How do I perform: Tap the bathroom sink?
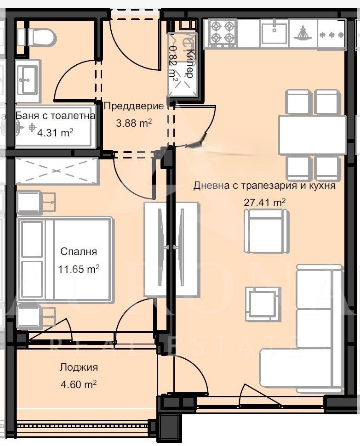pyautogui.click(x=28, y=80)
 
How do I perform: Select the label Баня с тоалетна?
pyautogui.click(x=56, y=116)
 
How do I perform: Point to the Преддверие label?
pyautogui.click(x=133, y=107)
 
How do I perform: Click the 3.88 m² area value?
pyautogui.click(x=134, y=123)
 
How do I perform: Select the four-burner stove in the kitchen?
pyautogui.click(x=222, y=33)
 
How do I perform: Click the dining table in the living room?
pyautogui.click(x=312, y=135)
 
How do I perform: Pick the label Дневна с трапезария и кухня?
pyautogui.click(x=264, y=186)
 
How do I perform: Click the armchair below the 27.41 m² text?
pyautogui.click(x=266, y=231)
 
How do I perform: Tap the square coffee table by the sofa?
pyautogui.click(x=263, y=304)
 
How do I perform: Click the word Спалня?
pyautogui.click(x=79, y=251)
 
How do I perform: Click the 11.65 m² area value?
pyautogui.click(x=79, y=269)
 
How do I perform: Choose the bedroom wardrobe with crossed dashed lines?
pyautogui.click(x=57, y=171)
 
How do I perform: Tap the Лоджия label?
pyautogui.click(x=79, y=367)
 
